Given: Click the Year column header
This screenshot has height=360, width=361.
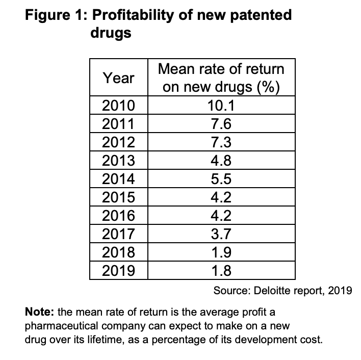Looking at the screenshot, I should [x=118, y=78].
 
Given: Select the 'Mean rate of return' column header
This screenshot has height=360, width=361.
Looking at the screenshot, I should [x=221, y=78].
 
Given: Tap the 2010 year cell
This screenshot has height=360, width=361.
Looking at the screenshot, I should [x=118, y=106].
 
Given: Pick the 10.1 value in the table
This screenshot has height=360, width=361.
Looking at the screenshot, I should [x=221, y=106].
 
